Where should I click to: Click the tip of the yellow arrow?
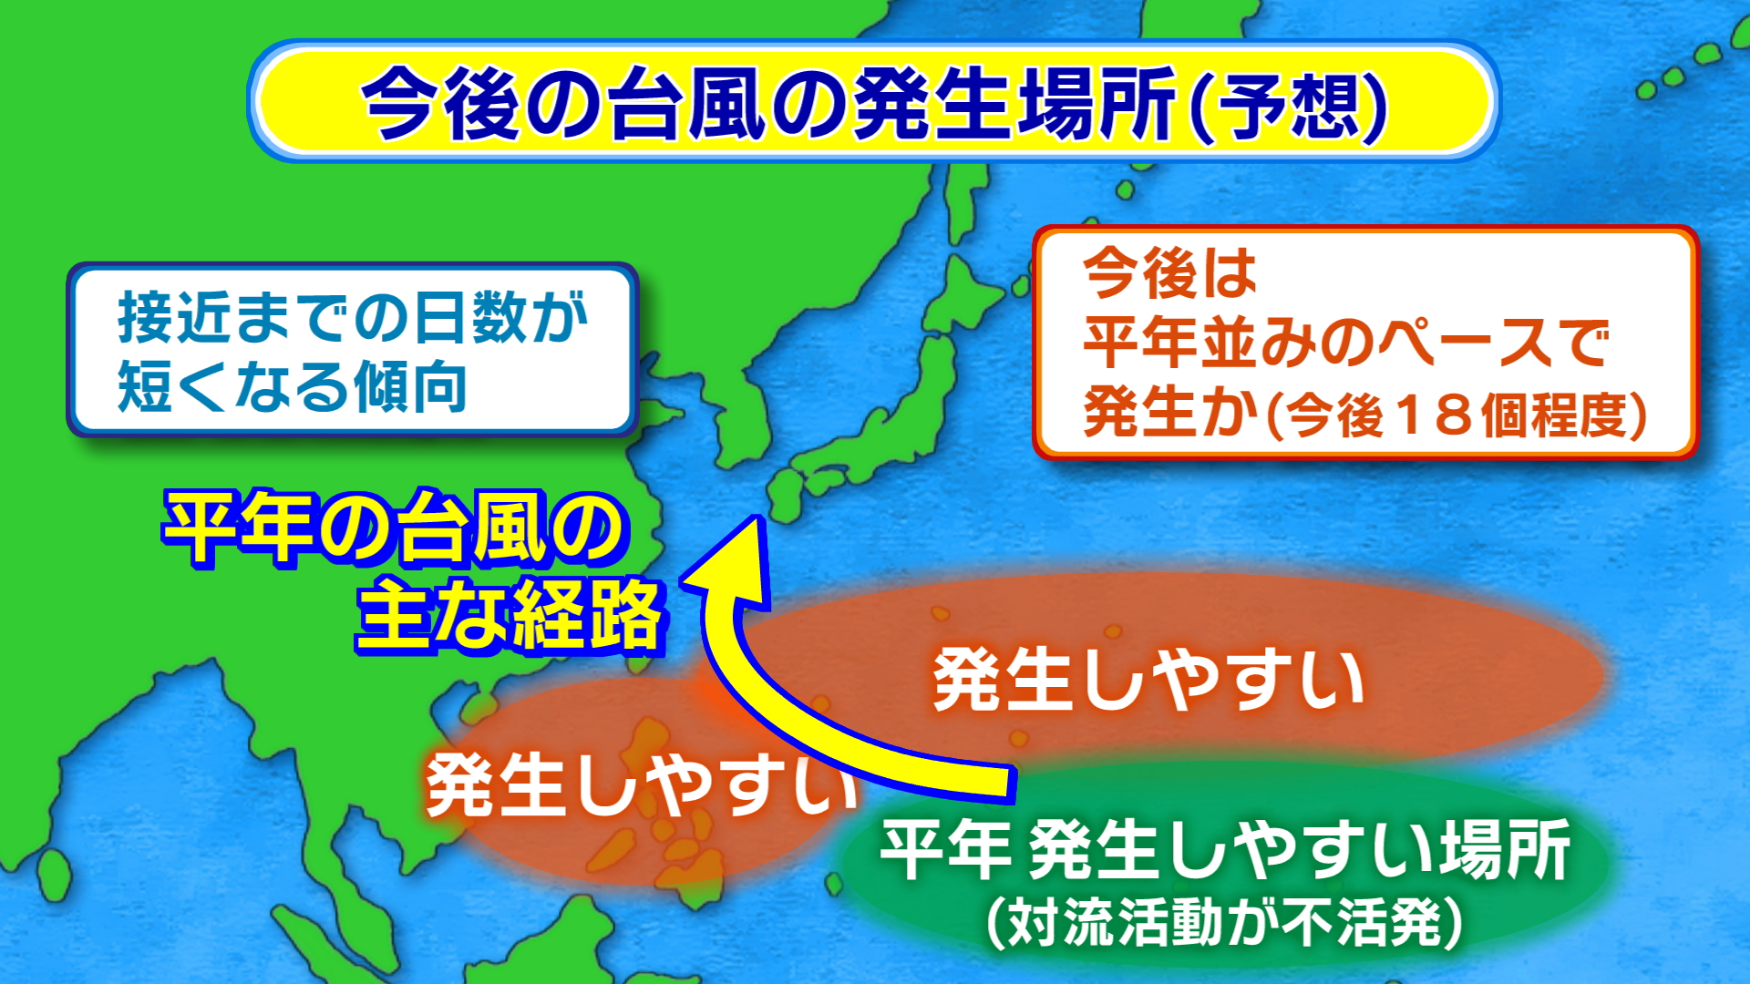756,518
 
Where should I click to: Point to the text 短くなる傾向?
292,386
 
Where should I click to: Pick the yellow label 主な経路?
510,615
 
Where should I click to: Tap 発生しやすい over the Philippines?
642,784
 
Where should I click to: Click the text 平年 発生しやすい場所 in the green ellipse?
1225,849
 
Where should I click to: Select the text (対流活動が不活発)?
1224,922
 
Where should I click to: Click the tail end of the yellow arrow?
1012,784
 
